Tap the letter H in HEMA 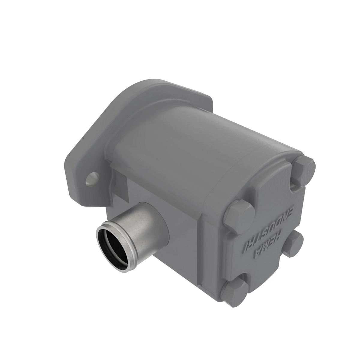point(280,232)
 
